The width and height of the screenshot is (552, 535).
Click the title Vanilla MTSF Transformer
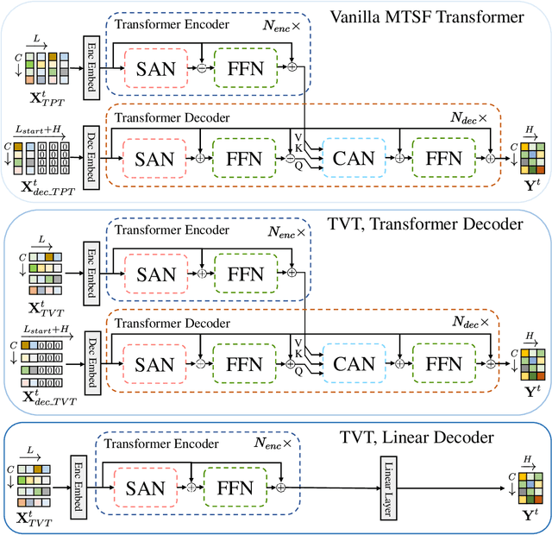[438, 16]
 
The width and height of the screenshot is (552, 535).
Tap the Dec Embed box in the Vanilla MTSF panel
[90, 158]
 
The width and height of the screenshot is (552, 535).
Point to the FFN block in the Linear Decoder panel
[233, 488]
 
